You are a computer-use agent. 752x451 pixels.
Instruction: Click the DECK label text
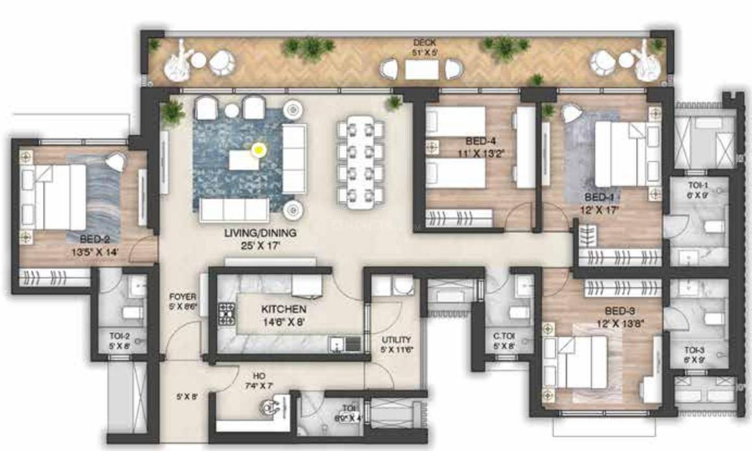click(421, 43)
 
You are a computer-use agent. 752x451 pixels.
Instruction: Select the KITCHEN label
click(283, 310)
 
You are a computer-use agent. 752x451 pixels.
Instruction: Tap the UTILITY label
click(396, 339)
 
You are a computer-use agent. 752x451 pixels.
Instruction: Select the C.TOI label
click(504, 336)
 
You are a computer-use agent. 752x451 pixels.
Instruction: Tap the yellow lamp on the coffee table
click(258, 150)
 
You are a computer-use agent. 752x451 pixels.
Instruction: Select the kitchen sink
click(344, 343)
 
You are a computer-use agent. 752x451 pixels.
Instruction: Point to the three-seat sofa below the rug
click(234, 210)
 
